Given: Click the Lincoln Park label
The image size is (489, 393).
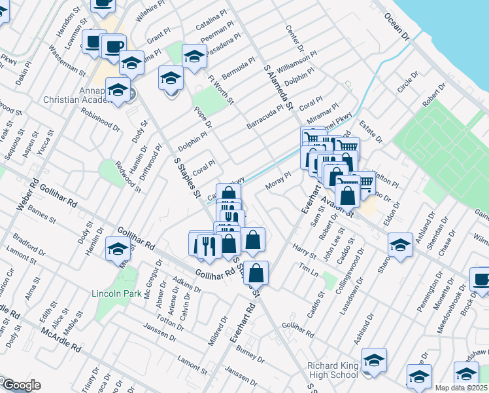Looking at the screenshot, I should coord(116,293).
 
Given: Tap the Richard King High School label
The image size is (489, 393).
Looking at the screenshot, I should coord(333,371).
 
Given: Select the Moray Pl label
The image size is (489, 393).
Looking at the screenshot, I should coord(278,181).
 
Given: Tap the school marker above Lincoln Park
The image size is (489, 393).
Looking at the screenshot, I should coord(118,248).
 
